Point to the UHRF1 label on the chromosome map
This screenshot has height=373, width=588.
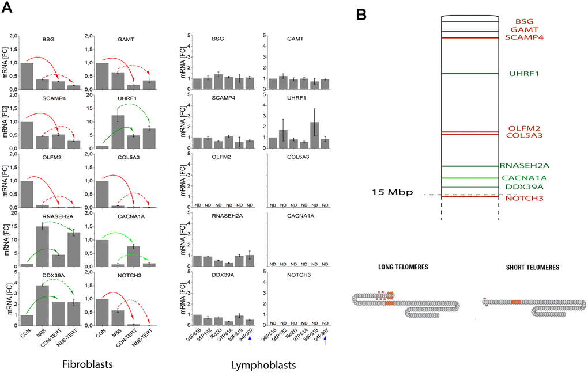pyautogui.click(x=524, y=74)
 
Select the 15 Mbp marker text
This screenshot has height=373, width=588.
pyautogui.click(x=393, y=192)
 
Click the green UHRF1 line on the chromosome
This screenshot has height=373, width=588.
pyautogui.click(x=469, y=74)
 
